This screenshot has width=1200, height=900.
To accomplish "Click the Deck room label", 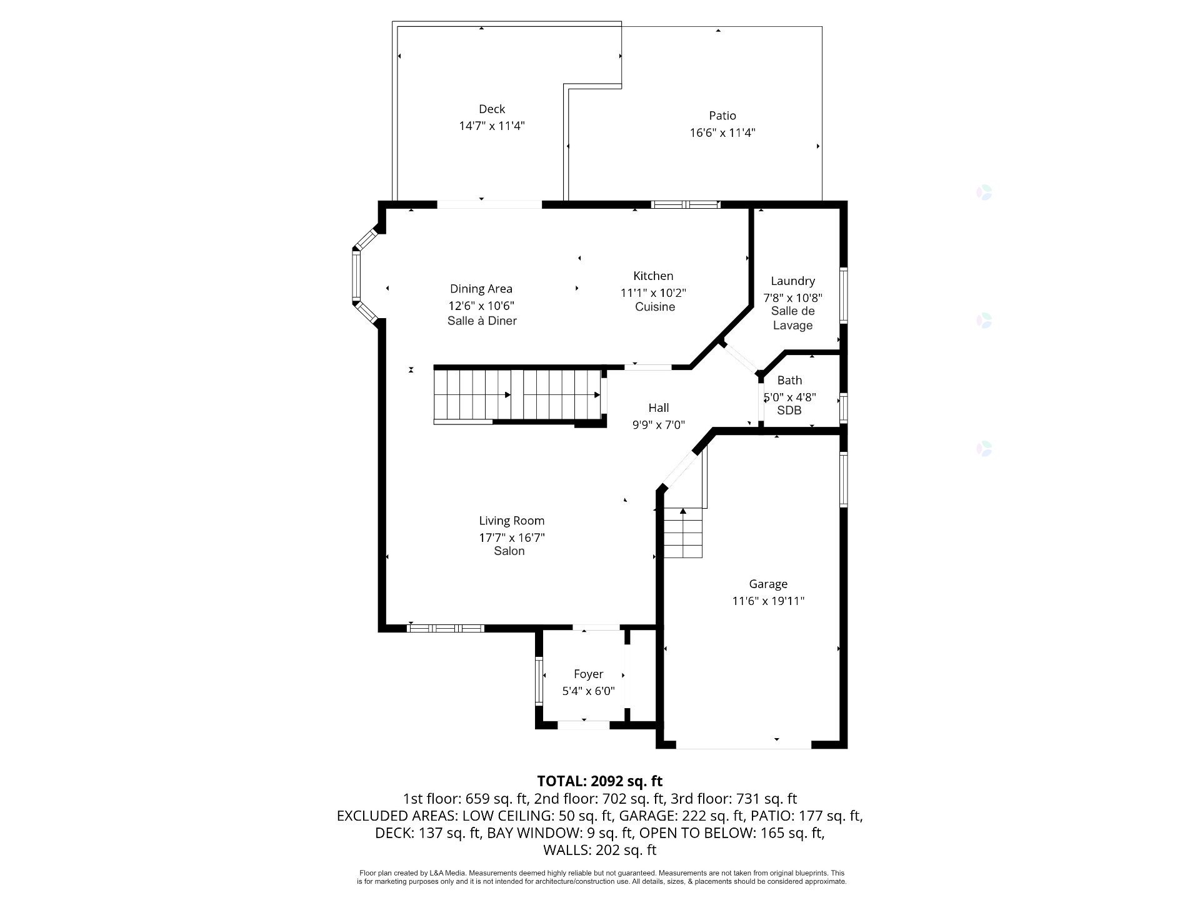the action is (x=492, y=109).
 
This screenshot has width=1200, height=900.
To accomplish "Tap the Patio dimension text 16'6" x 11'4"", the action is (x=722, y=132).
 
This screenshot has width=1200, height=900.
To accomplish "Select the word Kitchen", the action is (x=653, y=276).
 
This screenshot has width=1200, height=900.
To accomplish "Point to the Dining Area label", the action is (x=481, y=289).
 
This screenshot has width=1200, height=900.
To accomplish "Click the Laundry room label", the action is (x=792, y=281).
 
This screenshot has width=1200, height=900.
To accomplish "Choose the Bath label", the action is (x=789, y=380).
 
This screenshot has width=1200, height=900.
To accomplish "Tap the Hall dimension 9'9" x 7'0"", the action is (x=659, y=425).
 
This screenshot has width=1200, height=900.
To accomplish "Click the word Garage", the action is (x=768, y=584).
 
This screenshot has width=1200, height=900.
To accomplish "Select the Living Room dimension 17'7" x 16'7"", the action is (x=512, y=537).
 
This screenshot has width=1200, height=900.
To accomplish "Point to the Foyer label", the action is (x=588, y=674).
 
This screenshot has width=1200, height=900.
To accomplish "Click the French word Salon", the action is (x=509, y=551).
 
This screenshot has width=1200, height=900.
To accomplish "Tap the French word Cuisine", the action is (x=655, y=307).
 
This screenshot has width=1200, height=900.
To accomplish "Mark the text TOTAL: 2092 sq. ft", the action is (x=600, y=781).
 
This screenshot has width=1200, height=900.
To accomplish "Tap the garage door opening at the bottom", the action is (x=744, y=745).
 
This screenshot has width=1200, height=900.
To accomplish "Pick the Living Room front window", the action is (x=446, y=628).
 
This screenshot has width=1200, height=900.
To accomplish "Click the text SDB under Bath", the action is (x=789, y=411).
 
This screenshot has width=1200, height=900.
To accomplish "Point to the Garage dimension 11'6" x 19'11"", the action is (x=768, y=601).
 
